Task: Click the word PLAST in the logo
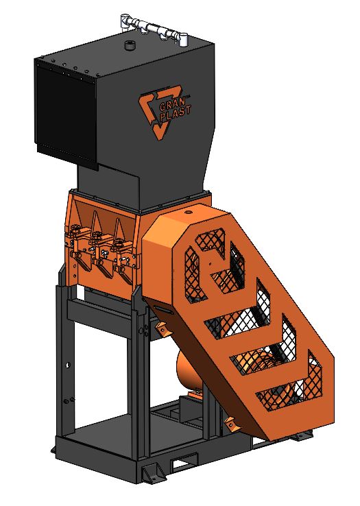[x=176, y=113]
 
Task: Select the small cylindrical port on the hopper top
[x=130, y=45]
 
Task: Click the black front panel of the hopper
[x=66, y=115]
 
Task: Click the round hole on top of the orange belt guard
[x=188, y=213]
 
